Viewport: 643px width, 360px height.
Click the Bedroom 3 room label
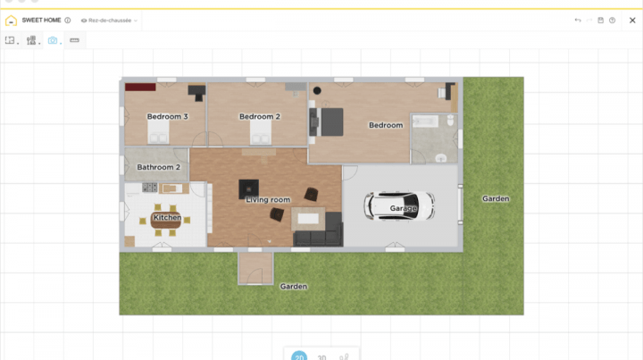(167, 117)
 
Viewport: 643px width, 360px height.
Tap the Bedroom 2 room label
(260, 117)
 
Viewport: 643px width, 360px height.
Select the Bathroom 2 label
(158, 167)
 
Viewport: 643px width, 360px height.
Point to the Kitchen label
(167, 217)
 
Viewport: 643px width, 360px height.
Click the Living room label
(268, 199)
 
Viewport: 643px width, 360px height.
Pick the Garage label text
(404, 208)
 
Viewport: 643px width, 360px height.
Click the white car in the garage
(398, 206)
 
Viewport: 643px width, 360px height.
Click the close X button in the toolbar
(632, 20)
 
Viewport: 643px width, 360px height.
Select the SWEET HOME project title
(41, 20)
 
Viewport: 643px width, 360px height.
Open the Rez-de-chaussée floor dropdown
(109, 20)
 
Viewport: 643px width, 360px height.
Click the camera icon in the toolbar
(52, 40)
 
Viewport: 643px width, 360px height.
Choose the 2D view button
(299, 356)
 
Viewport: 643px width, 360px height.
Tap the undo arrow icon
(578, 20)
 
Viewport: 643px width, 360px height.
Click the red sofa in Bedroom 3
(139, 88)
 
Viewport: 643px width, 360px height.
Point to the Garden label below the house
(294, 287)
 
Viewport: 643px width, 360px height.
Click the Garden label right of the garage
(496, 198)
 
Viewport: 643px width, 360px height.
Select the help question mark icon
(613, 20)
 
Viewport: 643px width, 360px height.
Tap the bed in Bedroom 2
(261, 134)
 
